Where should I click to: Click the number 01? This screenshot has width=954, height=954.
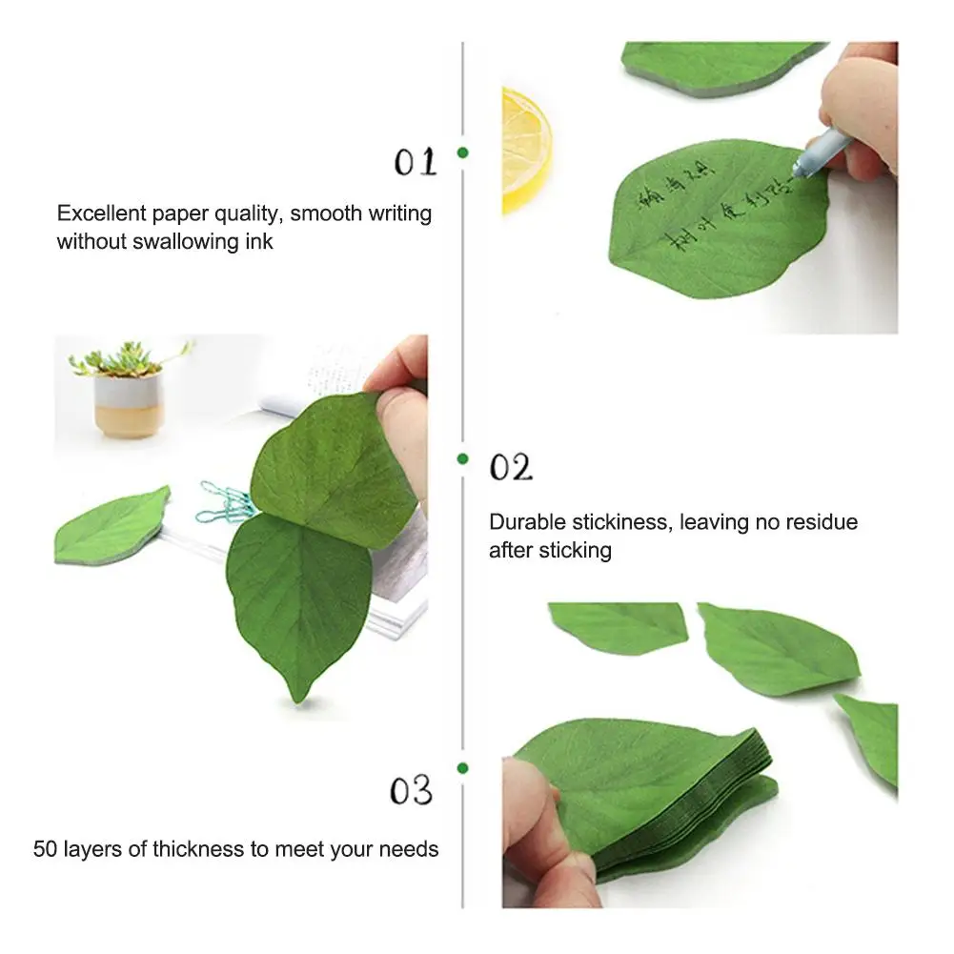point(416,163)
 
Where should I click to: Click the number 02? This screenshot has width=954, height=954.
point(511,468)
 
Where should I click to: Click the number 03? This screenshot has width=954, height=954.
point(411,790)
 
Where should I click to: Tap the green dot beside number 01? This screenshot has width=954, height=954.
point(462,152)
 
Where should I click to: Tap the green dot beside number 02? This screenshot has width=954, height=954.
point(462,458)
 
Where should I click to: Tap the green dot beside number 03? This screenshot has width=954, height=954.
point(462,768)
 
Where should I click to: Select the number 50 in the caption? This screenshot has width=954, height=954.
point(46,848)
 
